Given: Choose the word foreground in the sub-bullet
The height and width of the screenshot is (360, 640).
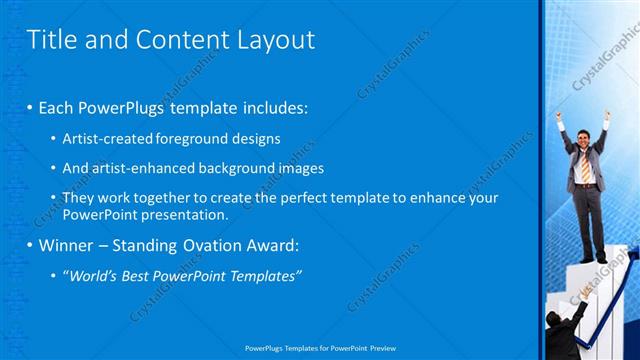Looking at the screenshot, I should [192, 139].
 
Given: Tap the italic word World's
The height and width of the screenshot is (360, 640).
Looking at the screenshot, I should [93, 275].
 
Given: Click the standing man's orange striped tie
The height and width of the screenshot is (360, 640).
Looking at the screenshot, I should [585, 167].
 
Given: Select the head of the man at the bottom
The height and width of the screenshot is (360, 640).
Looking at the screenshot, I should [552, 320].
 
